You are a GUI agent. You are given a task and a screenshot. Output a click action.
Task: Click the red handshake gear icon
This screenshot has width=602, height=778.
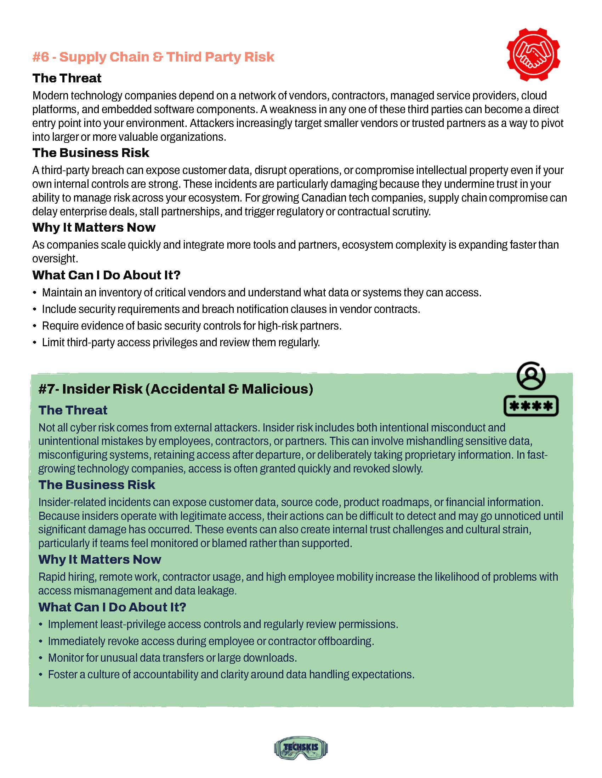click(x=533, y=54)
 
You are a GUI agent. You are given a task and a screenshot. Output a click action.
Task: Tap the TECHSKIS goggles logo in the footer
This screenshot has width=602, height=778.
click(x=301, y=747)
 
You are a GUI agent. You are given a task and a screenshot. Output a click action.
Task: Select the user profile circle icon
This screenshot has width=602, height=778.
click(x=531, y=376)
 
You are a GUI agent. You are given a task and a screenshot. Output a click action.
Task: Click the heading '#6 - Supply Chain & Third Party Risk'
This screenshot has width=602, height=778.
click(x=153, y=57)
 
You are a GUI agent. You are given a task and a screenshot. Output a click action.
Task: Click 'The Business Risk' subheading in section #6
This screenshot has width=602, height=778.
click(x=91, y=153)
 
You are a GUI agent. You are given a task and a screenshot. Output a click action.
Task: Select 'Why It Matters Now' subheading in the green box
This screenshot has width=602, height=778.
click(x=100, y=559)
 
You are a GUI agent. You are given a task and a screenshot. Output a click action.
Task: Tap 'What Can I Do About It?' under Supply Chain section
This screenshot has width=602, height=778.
click(x=106, y=275)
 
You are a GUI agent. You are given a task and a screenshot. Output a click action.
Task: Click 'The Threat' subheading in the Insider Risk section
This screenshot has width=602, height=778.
click(x=73, y=410)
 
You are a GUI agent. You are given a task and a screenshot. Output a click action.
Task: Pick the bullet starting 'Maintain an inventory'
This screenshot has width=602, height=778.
click(x=261, y=292)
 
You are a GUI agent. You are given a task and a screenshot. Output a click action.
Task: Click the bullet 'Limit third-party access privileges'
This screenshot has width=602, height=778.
click(x=181, y=342)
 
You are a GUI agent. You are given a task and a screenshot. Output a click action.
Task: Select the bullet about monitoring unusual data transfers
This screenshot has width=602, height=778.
click(x=172, y=658)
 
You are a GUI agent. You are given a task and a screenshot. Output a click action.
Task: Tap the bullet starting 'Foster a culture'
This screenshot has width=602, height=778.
click(x=231, y=674)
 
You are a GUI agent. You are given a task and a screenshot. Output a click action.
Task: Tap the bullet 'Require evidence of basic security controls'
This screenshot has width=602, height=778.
click(x=192, y=326)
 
